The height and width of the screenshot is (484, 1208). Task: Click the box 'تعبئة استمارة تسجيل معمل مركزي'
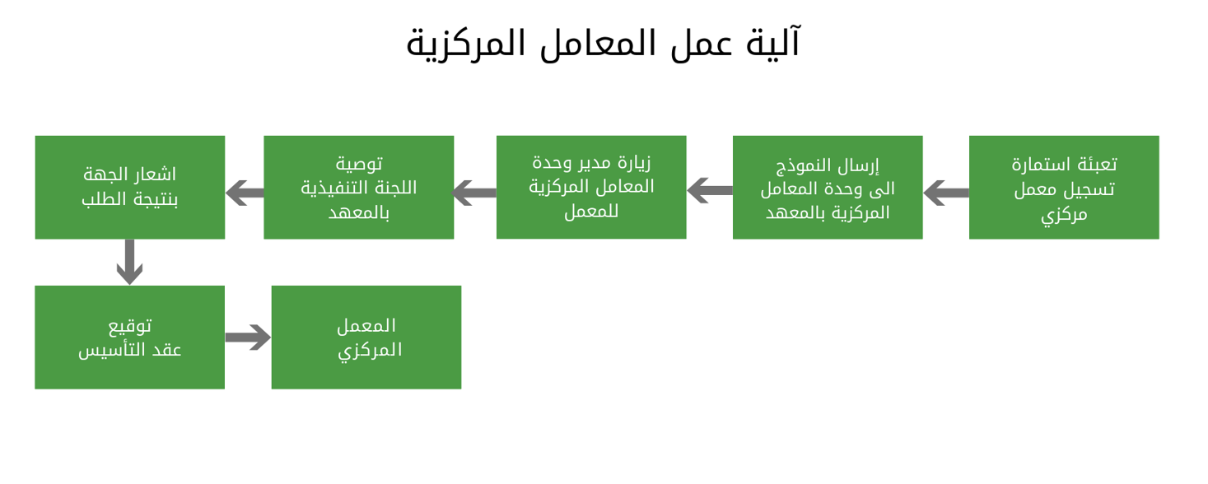[x=1063, y=187]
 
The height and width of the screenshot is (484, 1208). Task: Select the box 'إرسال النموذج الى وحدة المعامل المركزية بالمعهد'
[x=828, y=187]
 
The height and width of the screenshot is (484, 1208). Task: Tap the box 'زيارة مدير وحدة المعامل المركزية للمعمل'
[x=591, y=187]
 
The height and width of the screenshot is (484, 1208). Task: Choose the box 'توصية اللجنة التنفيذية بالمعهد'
[x=359, y=187]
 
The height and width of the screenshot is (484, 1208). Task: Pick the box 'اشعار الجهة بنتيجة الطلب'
[x=130, y=187]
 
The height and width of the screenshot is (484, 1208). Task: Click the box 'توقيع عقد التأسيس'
[x=130, y=337]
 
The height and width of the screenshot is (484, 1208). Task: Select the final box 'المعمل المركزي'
[x=366, y=337]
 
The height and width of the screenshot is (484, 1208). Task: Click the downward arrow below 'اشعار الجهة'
[x=130, y=262]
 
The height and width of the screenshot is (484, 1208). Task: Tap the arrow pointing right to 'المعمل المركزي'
[x=248, y=337]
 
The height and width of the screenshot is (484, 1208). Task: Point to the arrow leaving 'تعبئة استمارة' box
[x=946, y=193]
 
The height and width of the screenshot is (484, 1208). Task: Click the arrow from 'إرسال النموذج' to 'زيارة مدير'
[x=710, y=190]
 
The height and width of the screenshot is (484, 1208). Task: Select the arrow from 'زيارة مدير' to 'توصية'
[x=474, y=193]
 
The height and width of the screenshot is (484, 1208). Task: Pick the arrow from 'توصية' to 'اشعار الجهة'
[x=245, y=193]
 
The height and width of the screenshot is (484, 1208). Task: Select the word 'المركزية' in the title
[x=466, y=45]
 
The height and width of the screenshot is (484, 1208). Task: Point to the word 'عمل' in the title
[x=701, y=44]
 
